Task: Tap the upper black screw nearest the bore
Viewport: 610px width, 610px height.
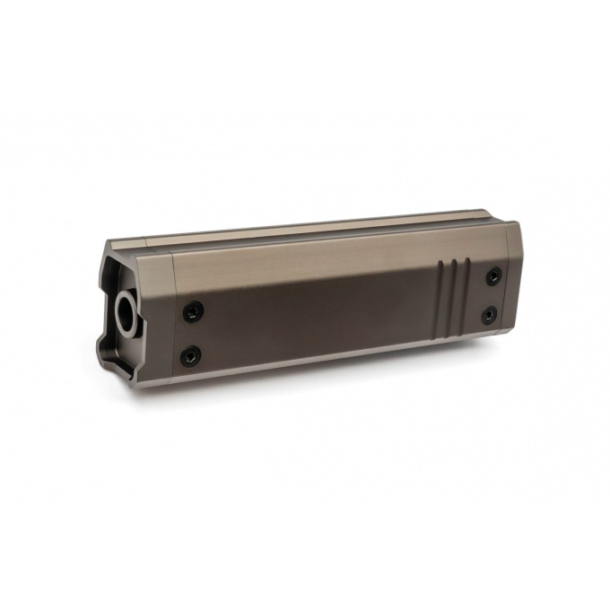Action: [193, 311]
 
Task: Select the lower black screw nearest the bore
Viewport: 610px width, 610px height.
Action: [190, 356]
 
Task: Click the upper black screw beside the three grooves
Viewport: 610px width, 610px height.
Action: [493, 276]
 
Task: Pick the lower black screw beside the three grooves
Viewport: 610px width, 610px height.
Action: [489, 315]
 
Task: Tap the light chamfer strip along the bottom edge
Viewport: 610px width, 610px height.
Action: [341, 356]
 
